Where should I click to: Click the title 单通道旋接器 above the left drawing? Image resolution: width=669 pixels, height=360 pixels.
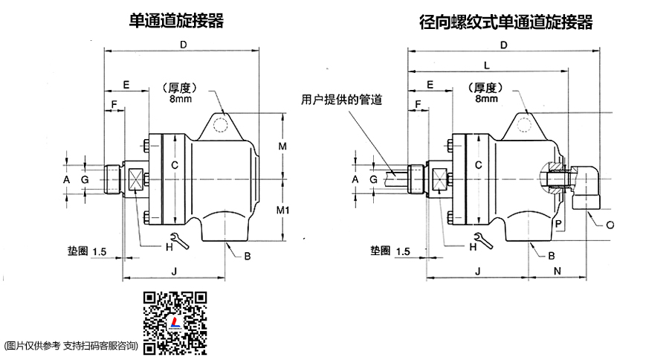[x=176, y=20]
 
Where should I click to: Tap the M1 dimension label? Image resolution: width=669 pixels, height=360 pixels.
[x=282, y=210]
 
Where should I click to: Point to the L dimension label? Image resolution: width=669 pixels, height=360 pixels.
[x=486, y=65]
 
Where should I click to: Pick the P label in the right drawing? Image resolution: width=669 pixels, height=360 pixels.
[x=557, y=222]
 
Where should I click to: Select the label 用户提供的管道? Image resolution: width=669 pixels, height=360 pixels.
[x=341, y=98]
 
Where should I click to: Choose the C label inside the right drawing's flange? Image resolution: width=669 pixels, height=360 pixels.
[x=479, y=164]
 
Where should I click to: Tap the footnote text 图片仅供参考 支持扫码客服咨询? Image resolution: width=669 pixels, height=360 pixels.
[x=71, y=345]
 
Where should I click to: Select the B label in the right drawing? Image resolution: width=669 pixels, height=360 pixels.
[x=552, y=255]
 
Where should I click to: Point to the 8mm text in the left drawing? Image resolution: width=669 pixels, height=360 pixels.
[x=178, y=98]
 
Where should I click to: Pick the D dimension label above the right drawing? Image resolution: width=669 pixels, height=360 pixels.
[x=503, y=45]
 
